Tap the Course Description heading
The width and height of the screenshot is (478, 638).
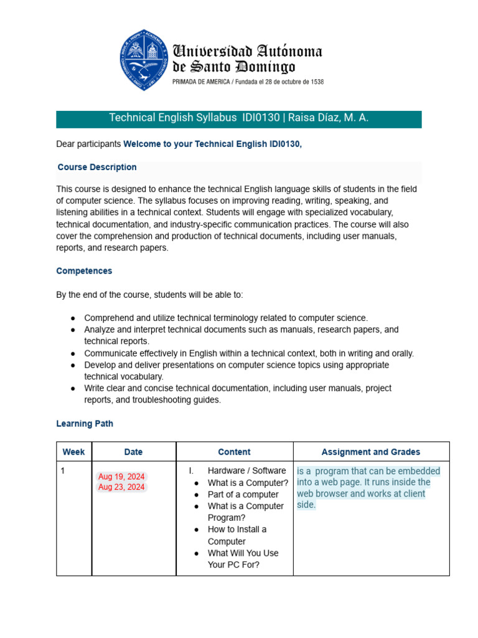click(x=97, y=167)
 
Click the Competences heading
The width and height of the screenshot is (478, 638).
click(x=84, y=271)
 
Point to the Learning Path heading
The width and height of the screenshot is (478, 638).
click(x=85, y=424)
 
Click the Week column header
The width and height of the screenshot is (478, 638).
click(x=73, y=452)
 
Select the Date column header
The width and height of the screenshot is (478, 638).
click(x=133, y=452)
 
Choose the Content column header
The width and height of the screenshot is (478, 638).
click(x=234, y=452)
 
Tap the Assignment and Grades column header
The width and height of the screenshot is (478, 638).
click(x=370, y=452)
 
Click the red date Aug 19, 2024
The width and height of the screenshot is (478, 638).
click(x=121, y=477)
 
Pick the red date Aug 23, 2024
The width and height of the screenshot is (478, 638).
click(x=121, y=487)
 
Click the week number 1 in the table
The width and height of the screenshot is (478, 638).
click(x=63, y=471)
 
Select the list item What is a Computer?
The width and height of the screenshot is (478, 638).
click(x=248, y=483)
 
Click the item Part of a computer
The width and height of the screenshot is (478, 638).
click(x=243, y=495)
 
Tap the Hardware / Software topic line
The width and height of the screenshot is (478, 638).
click(x=246, y=470)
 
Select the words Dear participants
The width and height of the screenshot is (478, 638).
click(x=88, y=144)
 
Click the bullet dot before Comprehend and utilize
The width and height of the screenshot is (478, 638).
click(x=73, y=318)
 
